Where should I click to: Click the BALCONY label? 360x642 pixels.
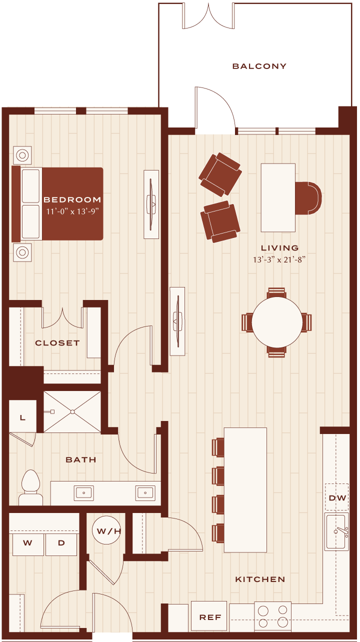point(259,66)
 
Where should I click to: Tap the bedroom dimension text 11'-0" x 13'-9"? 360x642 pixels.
point(72,211)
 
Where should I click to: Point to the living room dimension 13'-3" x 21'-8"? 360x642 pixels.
point(279,259)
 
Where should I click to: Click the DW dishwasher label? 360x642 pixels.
point(337,498)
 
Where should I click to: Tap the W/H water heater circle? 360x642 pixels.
point(107,530)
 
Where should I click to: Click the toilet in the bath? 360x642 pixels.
point(30,487)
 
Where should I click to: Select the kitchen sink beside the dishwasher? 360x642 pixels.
point(336,531)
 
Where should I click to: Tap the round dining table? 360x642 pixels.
point(277,322)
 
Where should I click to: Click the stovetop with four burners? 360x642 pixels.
point(272,616)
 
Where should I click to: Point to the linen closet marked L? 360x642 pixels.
point(22,416)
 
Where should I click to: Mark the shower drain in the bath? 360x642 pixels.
point(72,412)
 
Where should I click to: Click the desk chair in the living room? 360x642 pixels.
point(308,198)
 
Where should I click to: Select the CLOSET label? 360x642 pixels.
point(57,343)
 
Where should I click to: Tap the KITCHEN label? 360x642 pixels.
point(260,579)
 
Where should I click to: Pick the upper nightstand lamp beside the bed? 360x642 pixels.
point(22,155)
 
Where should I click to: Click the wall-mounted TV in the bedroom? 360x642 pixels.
point(151,204)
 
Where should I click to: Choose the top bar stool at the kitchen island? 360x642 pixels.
point(218,447)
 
